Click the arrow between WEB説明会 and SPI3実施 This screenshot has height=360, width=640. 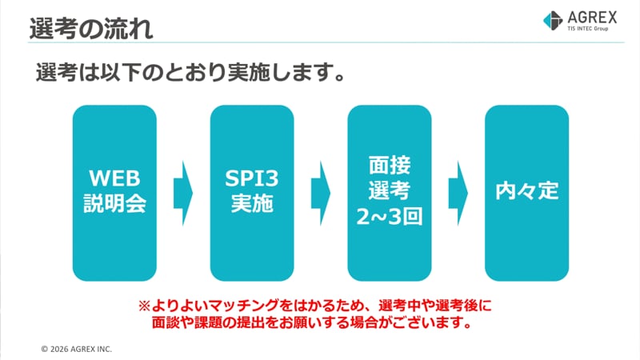tap(183, 192)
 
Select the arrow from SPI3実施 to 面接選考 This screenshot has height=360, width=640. tap(321, 192)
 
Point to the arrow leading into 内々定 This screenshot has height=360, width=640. tap(458, 192)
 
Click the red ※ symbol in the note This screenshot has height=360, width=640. tap(144, 306)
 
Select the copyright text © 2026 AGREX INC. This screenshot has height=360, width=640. tap(77, 350)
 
